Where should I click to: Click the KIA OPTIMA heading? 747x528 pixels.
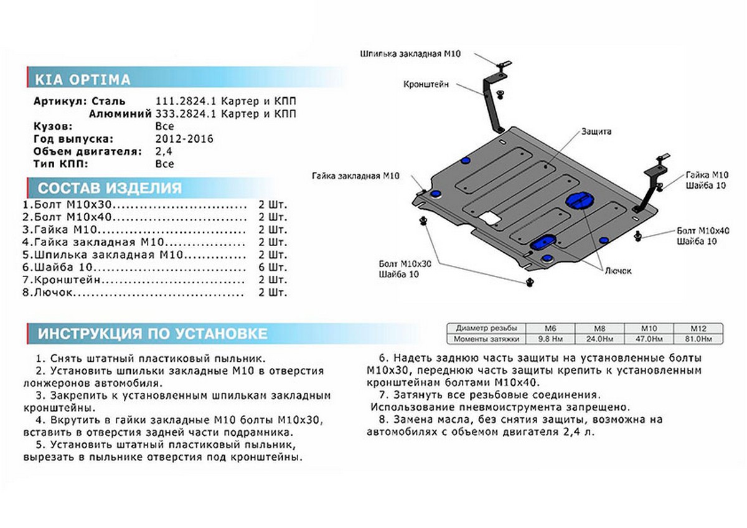point(82,80)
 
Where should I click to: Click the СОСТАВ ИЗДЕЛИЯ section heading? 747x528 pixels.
point(110,189)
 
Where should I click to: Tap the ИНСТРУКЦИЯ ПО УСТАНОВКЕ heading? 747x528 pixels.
point(153,333)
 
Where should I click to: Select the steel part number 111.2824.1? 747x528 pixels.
point(184,101)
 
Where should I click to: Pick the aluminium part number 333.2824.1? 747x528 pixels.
point(184,114)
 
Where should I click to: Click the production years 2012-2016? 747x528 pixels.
point(184,139)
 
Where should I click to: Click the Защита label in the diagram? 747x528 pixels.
point(596,132)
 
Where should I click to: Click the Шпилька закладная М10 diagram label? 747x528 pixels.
point(410,55)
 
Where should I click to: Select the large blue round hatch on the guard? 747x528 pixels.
point(577,200)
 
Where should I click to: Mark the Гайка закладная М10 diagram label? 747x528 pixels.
point(357,176)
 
